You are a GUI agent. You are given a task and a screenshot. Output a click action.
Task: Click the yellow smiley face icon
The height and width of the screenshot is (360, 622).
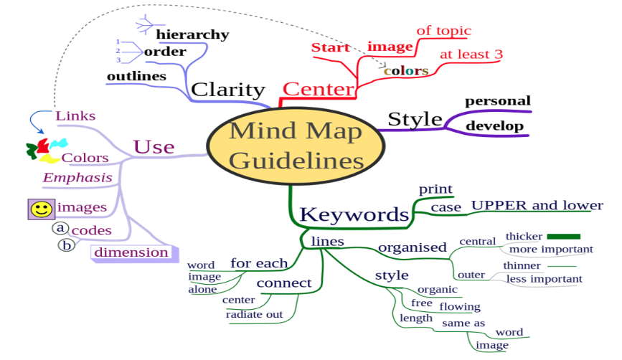tap(42, 209)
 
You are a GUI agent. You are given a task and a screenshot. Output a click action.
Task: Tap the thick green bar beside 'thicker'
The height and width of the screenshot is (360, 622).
tap(563, 237)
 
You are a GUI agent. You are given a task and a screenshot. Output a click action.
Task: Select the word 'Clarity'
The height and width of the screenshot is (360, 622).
tap(228, 90)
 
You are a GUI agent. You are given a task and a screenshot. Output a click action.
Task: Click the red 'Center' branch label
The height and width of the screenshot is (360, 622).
tap(318, 89)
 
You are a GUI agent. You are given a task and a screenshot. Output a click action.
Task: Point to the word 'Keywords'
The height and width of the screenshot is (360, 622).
tap(354, 214)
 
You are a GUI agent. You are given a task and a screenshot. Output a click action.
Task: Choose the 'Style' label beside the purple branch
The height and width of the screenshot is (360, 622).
tap(415, 119)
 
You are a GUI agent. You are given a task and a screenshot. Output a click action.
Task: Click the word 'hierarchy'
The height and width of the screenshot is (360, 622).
tap(192, 34)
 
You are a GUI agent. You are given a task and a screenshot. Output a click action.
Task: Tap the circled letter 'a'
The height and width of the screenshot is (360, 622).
tap(60, 228)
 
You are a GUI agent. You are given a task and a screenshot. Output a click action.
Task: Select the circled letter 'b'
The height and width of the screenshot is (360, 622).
tap(66, 245)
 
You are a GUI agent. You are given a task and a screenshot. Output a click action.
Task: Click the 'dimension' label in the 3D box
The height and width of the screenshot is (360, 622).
tap(131, 252)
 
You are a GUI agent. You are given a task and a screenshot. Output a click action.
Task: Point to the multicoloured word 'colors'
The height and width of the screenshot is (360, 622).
tap(406, 70)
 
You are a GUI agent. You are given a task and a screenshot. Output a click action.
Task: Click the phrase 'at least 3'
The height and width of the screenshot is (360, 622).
tap(471, 55)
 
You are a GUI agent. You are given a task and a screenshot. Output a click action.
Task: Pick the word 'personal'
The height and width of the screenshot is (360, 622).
tap(497, 101)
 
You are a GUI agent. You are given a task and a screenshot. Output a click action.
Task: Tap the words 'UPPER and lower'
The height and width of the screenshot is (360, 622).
tap(537, 205)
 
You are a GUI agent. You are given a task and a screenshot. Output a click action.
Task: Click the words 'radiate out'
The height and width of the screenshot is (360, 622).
tap(254, 314)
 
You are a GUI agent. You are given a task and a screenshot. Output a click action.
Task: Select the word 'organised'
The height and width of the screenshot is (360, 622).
tap(412, 247)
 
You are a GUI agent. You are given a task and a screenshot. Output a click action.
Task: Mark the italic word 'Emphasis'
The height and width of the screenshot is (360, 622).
tap(77, 178)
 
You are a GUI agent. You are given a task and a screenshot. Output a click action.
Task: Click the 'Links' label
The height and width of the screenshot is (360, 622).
tap(75, 115)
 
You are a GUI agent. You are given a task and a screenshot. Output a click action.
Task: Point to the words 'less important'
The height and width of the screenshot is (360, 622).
tap(544, 279)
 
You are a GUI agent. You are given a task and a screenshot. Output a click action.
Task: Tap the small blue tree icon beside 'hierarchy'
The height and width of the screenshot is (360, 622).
tap(144, 25)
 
